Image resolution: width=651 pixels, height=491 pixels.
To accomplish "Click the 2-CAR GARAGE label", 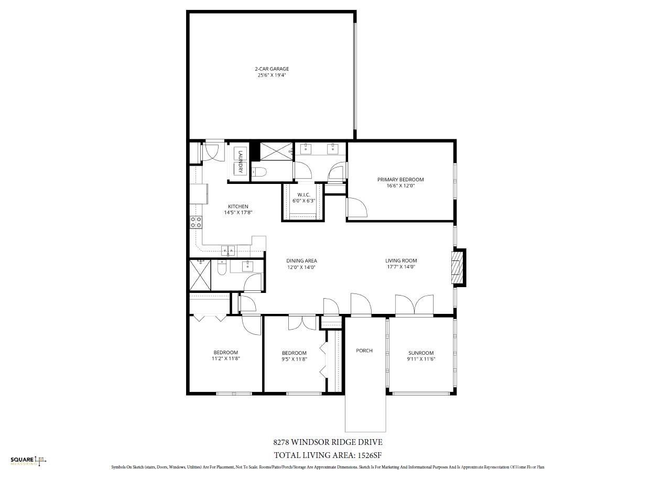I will tap(272, 69).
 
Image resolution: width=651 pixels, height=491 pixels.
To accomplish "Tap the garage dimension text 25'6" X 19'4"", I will tap(272, 75).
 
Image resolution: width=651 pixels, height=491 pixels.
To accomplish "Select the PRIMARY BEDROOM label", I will tap(400, 180).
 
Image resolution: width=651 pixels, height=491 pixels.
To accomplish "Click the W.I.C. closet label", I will tap(304, 195).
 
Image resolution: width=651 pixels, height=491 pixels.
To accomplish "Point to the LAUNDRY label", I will tap(241, 161).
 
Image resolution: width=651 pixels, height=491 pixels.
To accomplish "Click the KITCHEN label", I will tap(238, 206).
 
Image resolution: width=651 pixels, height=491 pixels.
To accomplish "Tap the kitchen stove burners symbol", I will tap(196, 222).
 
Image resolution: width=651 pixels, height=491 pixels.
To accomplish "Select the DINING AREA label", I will tap(301, 261).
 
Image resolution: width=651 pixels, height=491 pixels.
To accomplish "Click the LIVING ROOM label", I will tap(401, 261).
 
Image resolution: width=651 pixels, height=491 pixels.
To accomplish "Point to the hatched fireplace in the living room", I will tap(458, 267).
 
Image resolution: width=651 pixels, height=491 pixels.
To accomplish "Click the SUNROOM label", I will tap(421, 353).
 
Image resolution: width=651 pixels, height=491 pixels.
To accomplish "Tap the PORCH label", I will tap(364, 351).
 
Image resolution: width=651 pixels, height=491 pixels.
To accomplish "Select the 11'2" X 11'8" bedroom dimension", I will tap(225, 359).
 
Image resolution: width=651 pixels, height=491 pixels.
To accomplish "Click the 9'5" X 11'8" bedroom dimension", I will tap(294, 359).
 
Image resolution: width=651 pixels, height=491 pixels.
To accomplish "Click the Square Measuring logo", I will tap(28, 461).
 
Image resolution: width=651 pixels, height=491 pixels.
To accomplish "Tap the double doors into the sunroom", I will tap(414, 306).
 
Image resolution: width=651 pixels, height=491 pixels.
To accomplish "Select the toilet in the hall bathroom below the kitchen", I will tap(222, 268).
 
